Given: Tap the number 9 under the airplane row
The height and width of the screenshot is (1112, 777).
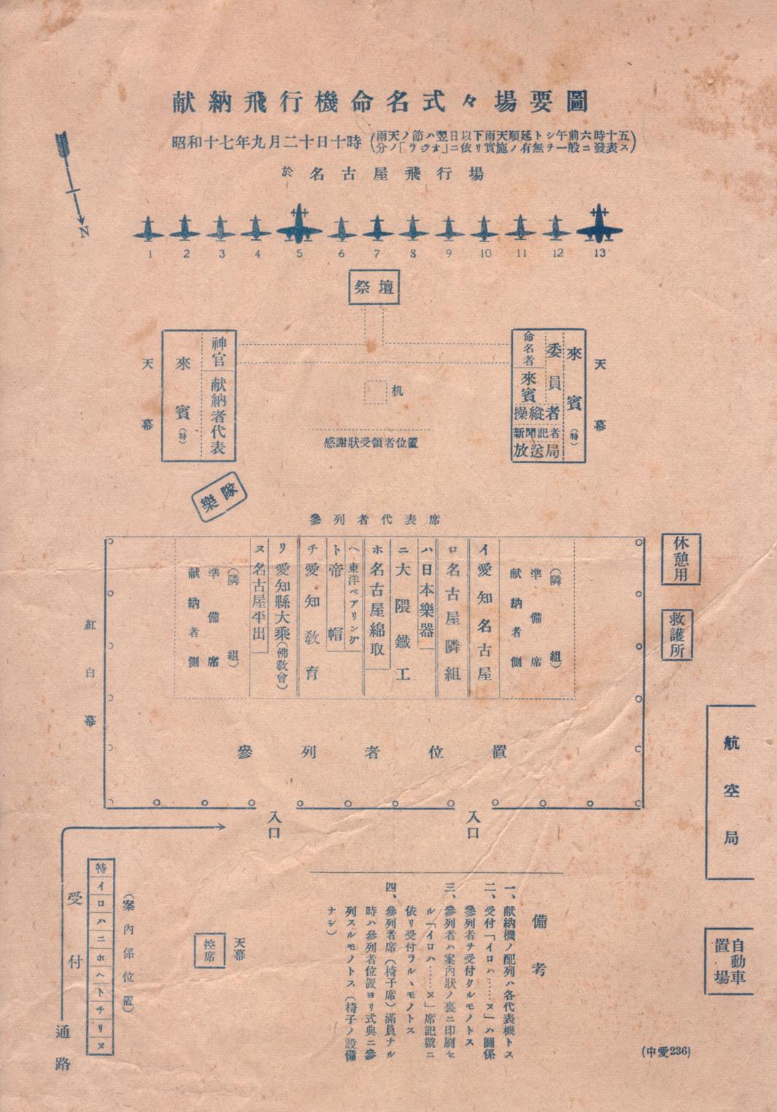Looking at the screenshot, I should click(x=448, y=254).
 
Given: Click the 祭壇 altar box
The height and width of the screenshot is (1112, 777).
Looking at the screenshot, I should click(x=374, y=287).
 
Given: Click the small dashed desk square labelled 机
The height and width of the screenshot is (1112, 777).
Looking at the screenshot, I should click(x=376, y=392).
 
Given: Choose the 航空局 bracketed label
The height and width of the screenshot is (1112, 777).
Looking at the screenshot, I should click(x=731, y=791).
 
